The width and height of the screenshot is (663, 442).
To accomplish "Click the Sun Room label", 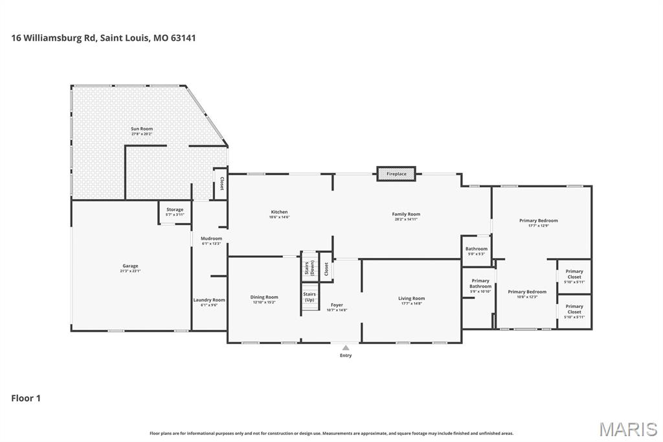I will (141, 130).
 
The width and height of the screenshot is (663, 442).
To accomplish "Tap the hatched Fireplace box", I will (396, 174).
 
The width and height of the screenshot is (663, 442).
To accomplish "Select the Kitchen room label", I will (279, 213).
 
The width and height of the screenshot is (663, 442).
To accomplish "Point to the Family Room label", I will (406, 215).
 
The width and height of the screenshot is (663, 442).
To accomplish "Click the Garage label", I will (130, 266).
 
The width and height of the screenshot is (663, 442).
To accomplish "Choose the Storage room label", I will (175, 210).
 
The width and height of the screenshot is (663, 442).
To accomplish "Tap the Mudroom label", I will (211, 239).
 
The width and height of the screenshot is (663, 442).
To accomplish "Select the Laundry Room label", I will (209, 301).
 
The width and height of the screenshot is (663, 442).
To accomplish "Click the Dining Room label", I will (264, 298).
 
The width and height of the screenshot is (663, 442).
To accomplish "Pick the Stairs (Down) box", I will (309, 267).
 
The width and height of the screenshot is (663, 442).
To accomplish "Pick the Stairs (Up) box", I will (309, 297).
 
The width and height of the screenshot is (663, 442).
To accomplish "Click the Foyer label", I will (337, 305).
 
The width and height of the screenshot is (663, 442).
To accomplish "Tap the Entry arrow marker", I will (346, 348).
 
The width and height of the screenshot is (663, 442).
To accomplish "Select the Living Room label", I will (411, 299).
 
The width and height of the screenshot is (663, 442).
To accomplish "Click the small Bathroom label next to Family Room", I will (476, 250).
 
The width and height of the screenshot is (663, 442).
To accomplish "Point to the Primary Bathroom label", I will (480, 284).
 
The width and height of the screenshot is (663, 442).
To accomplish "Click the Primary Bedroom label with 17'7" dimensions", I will (538, 221).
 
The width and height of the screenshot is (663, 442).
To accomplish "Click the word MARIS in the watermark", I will (628, 429).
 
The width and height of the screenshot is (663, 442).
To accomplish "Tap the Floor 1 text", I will (26, 398).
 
